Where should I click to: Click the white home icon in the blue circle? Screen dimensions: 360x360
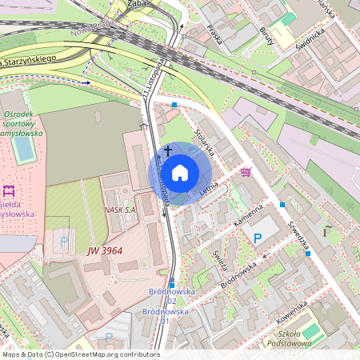pyautogui.click(x=180, y=173)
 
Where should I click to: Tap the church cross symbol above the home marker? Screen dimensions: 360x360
pyautogui.click(x=168, y=150)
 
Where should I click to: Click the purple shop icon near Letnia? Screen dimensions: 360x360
pyautogui.click(x=245, y=171)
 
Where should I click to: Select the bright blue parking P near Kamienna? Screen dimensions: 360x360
pyautogui.click(x=258, y=238)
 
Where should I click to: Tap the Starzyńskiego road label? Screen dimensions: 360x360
pyautogui.click(x=28, y=61)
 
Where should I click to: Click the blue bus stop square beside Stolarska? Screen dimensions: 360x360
pyautogui.click(x=174, y=103)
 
